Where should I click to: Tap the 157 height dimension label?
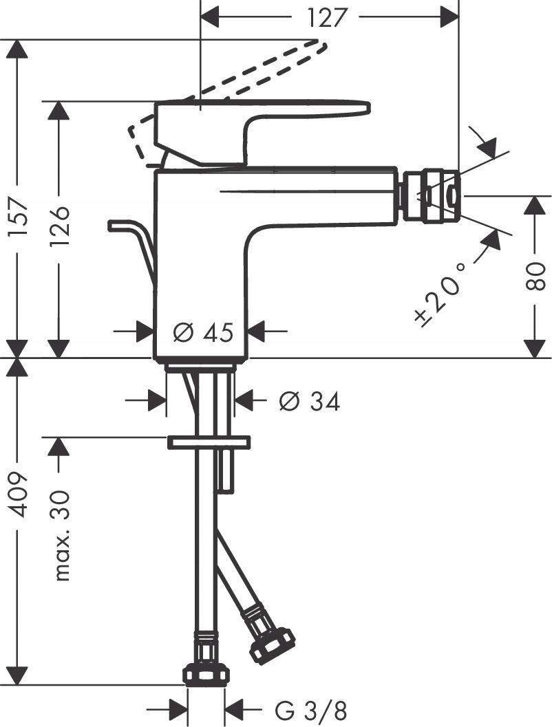coord(17,217)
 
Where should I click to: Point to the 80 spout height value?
coord(535,275)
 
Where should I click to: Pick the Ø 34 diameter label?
coord(309,401)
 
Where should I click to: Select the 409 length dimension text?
coord(17,494)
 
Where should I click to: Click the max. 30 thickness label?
coord(62,536)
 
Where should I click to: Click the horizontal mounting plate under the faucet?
coord(209,442)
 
